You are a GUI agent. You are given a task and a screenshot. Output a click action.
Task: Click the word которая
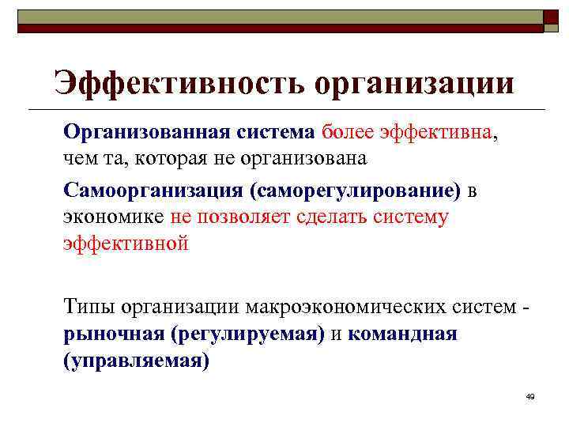[x=169, y=158]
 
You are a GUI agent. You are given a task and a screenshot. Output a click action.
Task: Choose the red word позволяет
[x=243, y=217]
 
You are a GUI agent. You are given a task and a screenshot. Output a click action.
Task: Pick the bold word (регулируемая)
[x=246, y=334]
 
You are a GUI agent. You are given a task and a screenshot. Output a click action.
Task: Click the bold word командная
[x=401, y=333]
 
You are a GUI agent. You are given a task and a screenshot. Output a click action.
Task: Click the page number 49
[x=529, y=395]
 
